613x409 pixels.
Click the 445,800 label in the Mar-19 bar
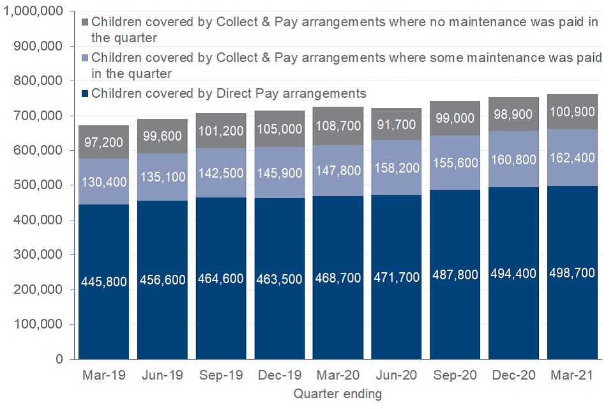tap(104, 279)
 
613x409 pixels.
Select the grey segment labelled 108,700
tap(338, 125)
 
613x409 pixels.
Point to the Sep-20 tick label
tap(454, 375)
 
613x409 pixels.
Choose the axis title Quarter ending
tap(338, 394)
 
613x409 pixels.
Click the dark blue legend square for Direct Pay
tap(85, 94)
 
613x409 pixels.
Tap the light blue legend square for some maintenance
tap(85, 58)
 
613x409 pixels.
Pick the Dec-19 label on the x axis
tap(279, 375)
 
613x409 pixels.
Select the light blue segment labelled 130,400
tap(104, 181)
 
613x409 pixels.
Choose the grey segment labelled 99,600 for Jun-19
tap(162, 135)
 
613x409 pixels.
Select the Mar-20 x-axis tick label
tap(338, 375)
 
